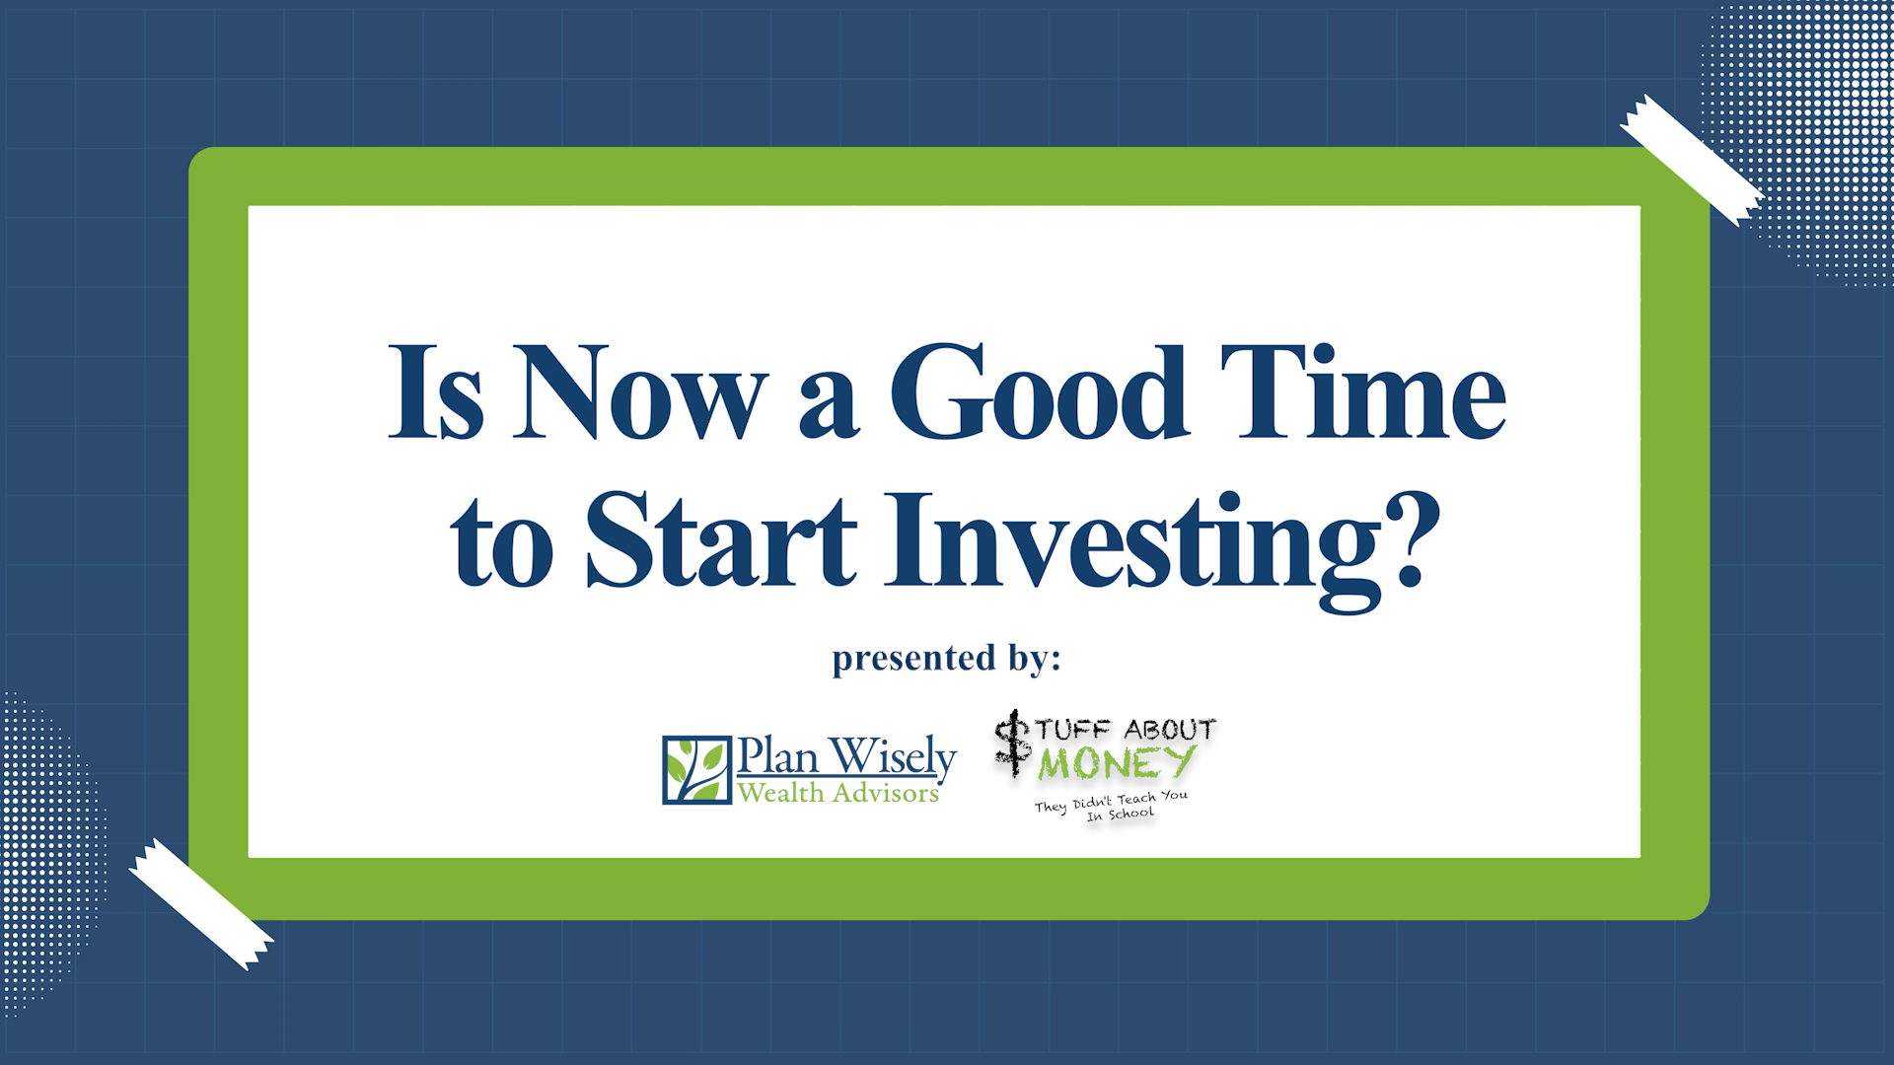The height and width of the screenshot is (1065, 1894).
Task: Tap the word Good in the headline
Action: [1039, 391]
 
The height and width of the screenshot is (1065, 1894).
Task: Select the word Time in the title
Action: [1363, 391]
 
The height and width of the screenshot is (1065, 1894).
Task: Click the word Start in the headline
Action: [722, 539]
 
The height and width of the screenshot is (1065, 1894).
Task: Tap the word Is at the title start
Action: [436, 391]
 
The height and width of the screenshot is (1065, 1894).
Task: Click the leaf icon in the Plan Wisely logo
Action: [696, 770]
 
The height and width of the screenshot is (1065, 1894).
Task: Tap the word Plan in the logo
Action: [778, 756]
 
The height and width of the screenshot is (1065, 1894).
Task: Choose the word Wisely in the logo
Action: [893, 757]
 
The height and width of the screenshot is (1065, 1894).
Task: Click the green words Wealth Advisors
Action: [838, 793]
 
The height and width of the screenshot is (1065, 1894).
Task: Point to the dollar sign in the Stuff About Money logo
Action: [1012, 744]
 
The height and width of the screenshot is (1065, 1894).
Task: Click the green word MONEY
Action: [1118, 762]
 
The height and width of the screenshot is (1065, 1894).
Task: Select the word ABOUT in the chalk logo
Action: [1170, 730]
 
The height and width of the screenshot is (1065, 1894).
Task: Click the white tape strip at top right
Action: [1692, 160]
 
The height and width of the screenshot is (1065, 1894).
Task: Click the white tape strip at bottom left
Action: [201, 904]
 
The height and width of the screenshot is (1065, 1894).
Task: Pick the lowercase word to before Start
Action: [502, 544]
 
